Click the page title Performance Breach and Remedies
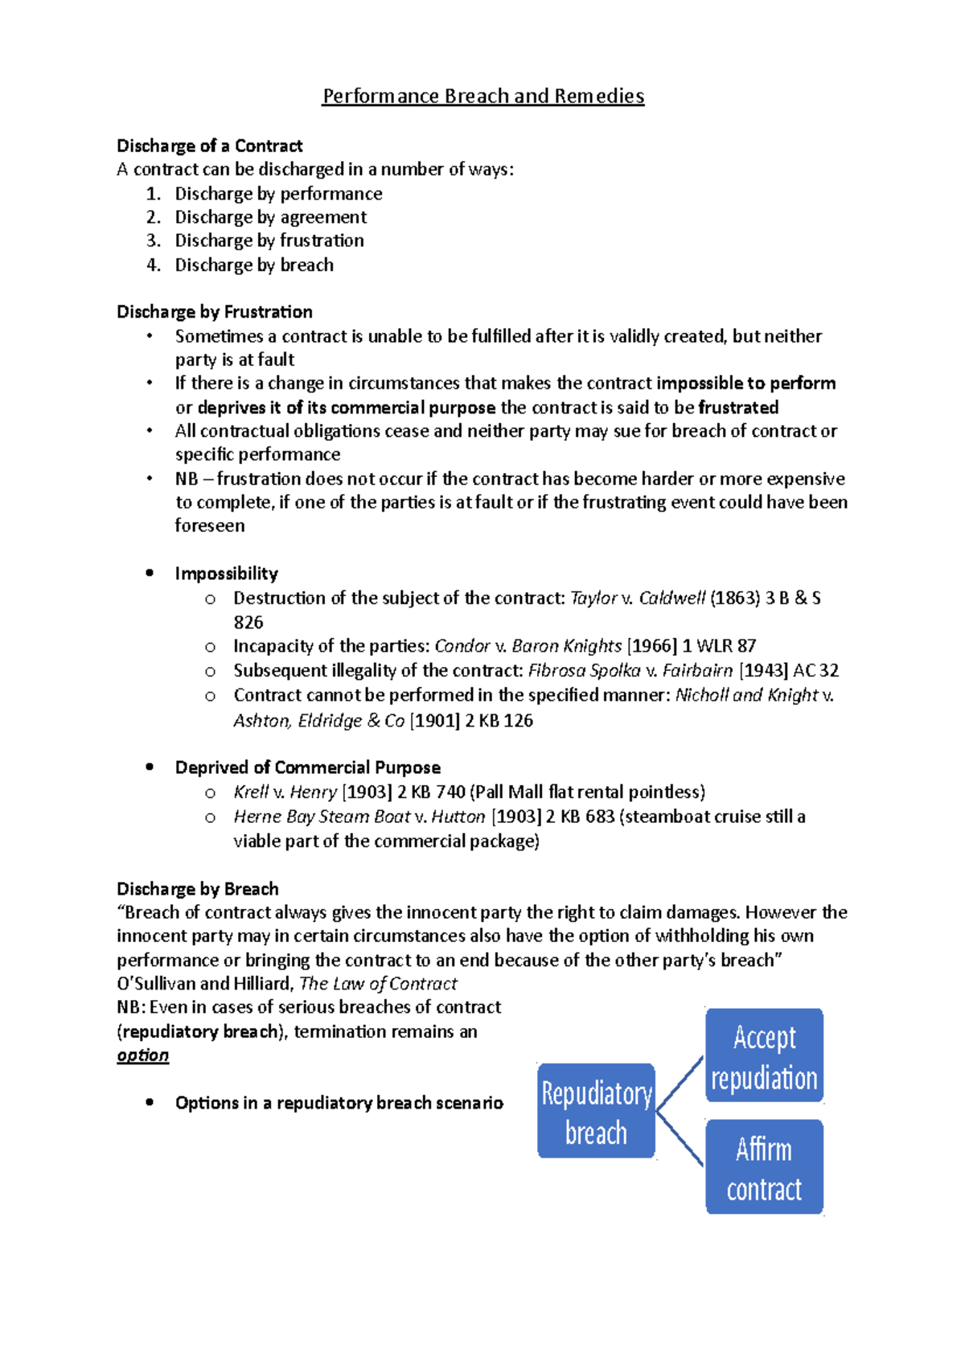[x=482, y=97]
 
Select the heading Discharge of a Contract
[x=209, y=146]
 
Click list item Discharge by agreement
[x=270, y=217]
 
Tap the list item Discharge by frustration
[x=269, y=241]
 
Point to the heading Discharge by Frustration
[x=214, y=311]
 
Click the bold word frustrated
[x=738, y=407]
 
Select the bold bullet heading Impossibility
[x=226, y=574]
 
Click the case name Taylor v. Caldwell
[x=637, y=598]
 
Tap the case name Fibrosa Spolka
[x=584, y=670]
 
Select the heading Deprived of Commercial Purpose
[x=307, y=767]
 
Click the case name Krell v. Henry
[x=285, y=792]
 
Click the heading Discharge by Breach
[x=198, y=889]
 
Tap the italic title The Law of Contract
[x=378, y=983]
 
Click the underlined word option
[x=142, y=1055]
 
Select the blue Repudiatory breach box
[x=596, y=1112]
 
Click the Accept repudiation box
[x=764, y=1056]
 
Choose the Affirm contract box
[x=764, y=1167]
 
